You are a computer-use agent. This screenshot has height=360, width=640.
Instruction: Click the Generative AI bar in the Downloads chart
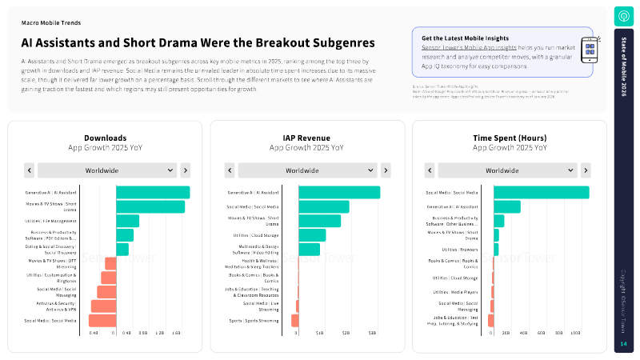(153, 192)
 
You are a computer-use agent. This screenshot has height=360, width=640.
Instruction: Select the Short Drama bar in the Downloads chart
(150, 206)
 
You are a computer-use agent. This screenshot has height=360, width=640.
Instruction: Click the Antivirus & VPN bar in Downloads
(103, 306)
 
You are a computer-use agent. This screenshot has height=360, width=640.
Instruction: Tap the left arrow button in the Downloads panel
(30, 170)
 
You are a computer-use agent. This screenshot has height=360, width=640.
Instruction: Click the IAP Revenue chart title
(308, 138)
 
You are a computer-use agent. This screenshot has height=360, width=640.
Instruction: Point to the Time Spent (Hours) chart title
(510, 138)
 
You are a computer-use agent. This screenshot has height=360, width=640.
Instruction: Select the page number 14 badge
(623, 344)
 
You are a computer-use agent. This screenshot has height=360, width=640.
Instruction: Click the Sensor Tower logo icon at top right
(623, 15)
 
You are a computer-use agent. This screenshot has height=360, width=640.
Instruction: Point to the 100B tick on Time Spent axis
(575, 332)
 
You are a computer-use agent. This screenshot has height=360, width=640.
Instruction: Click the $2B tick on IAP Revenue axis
(346, 332)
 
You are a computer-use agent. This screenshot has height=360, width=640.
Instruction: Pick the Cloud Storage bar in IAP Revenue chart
(312, 235)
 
